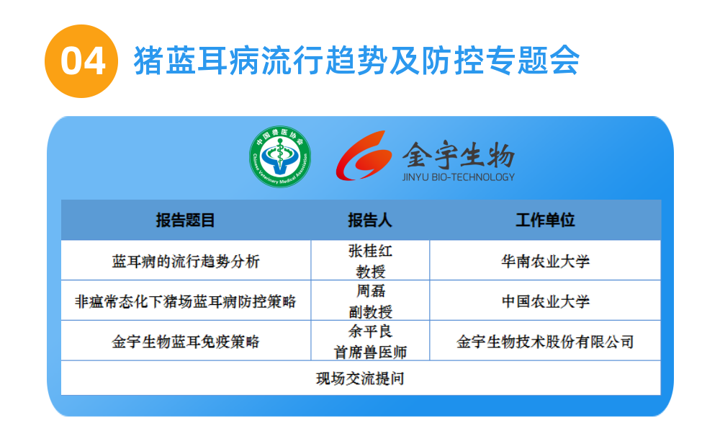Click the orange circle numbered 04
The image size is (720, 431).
[x=81, y=61]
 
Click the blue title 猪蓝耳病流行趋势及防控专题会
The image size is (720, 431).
[x=357, y=61]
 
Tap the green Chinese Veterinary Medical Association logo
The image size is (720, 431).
[x=280, y=156]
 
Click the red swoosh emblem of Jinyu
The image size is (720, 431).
[x=364, y=155]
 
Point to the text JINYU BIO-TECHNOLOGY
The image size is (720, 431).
[x=458, y=177]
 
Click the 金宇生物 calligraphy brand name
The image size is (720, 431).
[x=459, y=154]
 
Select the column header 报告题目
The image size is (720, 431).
[x=186, y=220]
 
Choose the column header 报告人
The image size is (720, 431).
[x=370, y=220]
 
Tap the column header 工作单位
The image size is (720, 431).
[x=546, y=220]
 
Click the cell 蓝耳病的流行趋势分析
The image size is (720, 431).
[x=186, y=262]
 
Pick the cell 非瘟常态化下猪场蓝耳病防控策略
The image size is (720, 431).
[x=186, y=301]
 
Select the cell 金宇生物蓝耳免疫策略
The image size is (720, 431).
[x=186, y=342]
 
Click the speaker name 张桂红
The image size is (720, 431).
[x=371, y=251]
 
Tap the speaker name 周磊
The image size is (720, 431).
[x=371, y=291]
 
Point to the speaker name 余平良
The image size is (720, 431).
[x=371, y=331]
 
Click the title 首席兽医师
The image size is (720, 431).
[x=371, y=352]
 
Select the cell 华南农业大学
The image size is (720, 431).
[x=546, y=262]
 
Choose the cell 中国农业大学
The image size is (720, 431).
[x=546, y=301]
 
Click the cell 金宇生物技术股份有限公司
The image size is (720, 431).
[x=546, y=342]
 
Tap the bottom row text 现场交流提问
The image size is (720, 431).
[x=361, y=378]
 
